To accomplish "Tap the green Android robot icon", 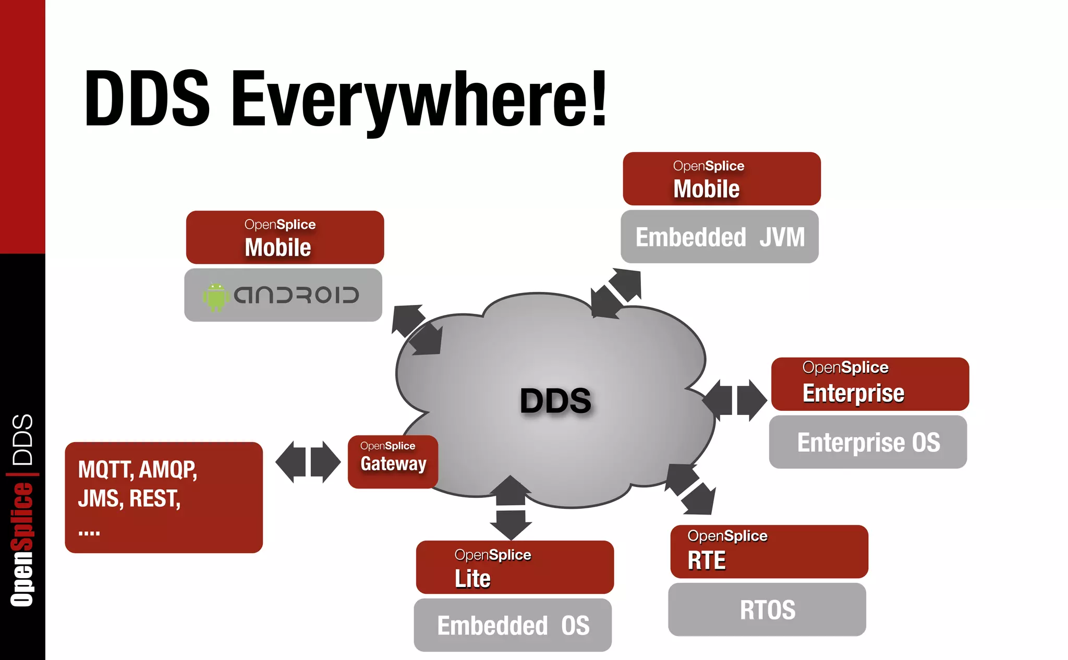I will pyautogui.click(x=215, y=297).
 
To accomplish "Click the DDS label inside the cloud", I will pyautogui.click(x=555, y=400).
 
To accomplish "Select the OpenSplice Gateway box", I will pyautogui.click(x=393, y=461).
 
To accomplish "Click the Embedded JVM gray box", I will pyautogui.click(x=720, y=237).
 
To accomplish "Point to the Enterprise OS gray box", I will pyautogui.click(x=868, y=442).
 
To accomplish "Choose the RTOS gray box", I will pyautogui.click(x=767, y=609).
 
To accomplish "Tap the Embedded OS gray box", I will pyautogui.click(x=513, y=625).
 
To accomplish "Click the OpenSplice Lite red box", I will pyautogui.click(x=515, y=567).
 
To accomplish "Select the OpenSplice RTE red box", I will pyautogui.click(x=769, y=552).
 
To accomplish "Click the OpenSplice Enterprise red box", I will pyautogui.click(x=870, y=384).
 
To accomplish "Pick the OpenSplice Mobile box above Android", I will pyautogui.click(x=285, y=237).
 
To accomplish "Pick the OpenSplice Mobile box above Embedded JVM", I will pyautogui.click(x=722, y=179).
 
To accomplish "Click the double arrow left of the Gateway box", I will pyautogui.click(x=308, y=462).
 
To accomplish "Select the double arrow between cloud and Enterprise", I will pyautogui.click(x=734, y=400).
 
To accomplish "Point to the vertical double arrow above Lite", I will pyautogui.click(x=511, y=507).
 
